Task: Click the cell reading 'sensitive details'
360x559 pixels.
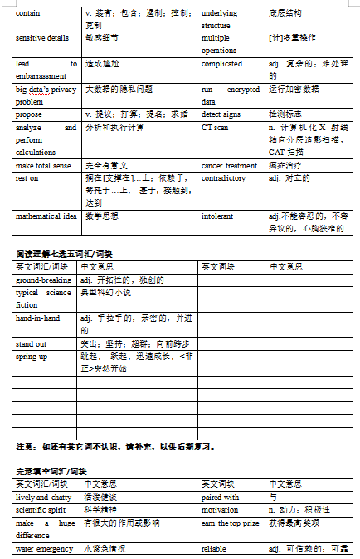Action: (42, 39)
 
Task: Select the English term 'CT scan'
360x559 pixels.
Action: (215, 128)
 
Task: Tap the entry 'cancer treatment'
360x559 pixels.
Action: (229, 166)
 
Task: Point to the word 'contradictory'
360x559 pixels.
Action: (223, 178)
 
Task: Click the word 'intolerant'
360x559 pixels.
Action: (217, 216)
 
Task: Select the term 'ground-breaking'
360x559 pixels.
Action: (43, 279)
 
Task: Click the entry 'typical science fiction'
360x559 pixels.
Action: (43, 298)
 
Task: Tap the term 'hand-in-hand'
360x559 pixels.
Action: (38, 318)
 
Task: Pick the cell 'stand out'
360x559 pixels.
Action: (32, 343)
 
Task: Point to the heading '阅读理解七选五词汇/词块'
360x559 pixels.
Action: (64, 254)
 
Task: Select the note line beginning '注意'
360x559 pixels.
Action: (116, 446)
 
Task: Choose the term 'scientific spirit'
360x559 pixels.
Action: (42, 509)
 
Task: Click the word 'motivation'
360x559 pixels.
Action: (219, 509)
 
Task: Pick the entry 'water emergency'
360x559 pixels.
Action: (44, 548)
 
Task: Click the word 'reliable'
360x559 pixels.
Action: (214, 548)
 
